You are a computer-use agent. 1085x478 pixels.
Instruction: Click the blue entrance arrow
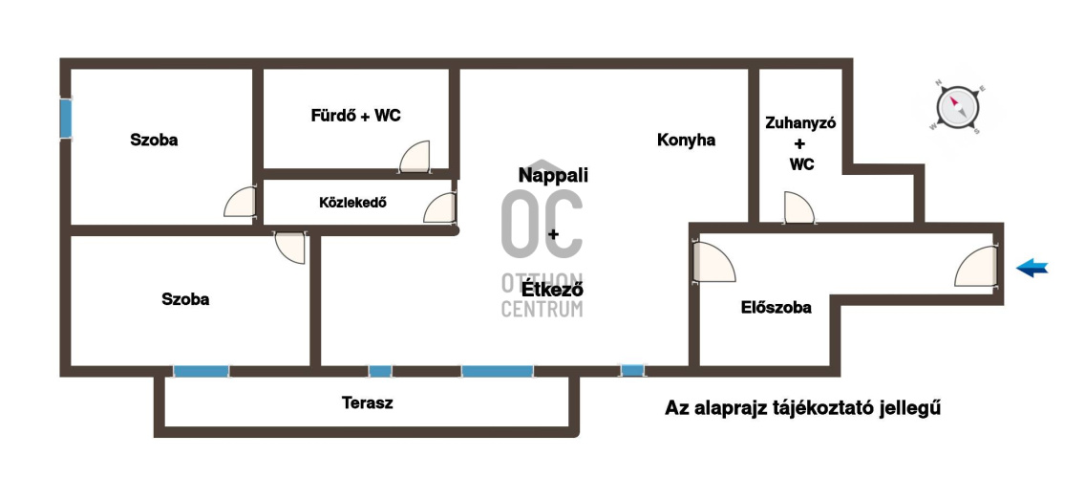tap(1032, 268)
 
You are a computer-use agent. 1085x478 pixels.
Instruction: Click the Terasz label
tap(368, 402)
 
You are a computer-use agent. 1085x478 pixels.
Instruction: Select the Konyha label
tap(686, 140)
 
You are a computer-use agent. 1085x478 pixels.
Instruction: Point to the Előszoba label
tap(777, 308)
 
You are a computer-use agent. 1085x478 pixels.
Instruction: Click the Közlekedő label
tap(352, 203)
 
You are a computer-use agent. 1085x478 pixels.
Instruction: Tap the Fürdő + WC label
tap(355, 116)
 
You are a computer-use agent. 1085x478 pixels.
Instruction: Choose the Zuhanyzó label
tap(800, 123)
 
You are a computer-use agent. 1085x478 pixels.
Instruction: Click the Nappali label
tap(554, 175)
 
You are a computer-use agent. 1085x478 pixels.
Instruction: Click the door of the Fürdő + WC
tap(415, 157)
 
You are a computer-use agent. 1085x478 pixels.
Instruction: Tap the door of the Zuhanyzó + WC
tap(800, 207)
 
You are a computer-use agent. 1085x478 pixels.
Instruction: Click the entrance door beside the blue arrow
tap(977, 268)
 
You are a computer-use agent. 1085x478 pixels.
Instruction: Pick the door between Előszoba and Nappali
tap(713, 261)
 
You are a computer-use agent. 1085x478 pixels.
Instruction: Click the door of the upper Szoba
tap(240, 203)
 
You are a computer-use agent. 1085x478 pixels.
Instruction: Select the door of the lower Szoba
tap(290, 248)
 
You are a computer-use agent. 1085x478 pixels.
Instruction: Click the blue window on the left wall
tap(66, 119)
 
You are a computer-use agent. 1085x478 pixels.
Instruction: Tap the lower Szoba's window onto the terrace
tap(201, 371)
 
